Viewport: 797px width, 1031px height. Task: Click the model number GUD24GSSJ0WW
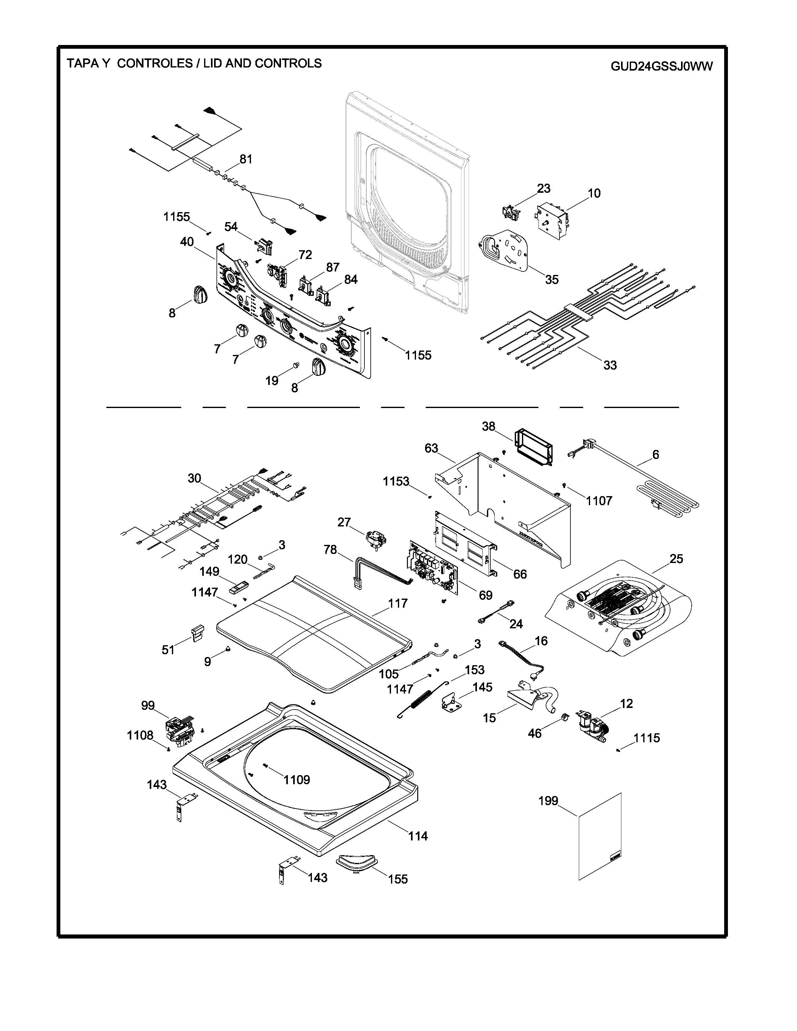coord(661,67)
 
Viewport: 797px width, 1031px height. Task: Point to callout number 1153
coord(396,481)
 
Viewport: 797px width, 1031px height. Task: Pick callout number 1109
coord(297,780)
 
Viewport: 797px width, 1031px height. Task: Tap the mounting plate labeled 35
coord(505,250)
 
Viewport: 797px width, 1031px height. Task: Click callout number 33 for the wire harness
coord(610,365)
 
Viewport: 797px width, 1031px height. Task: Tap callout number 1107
coord(599,501)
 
